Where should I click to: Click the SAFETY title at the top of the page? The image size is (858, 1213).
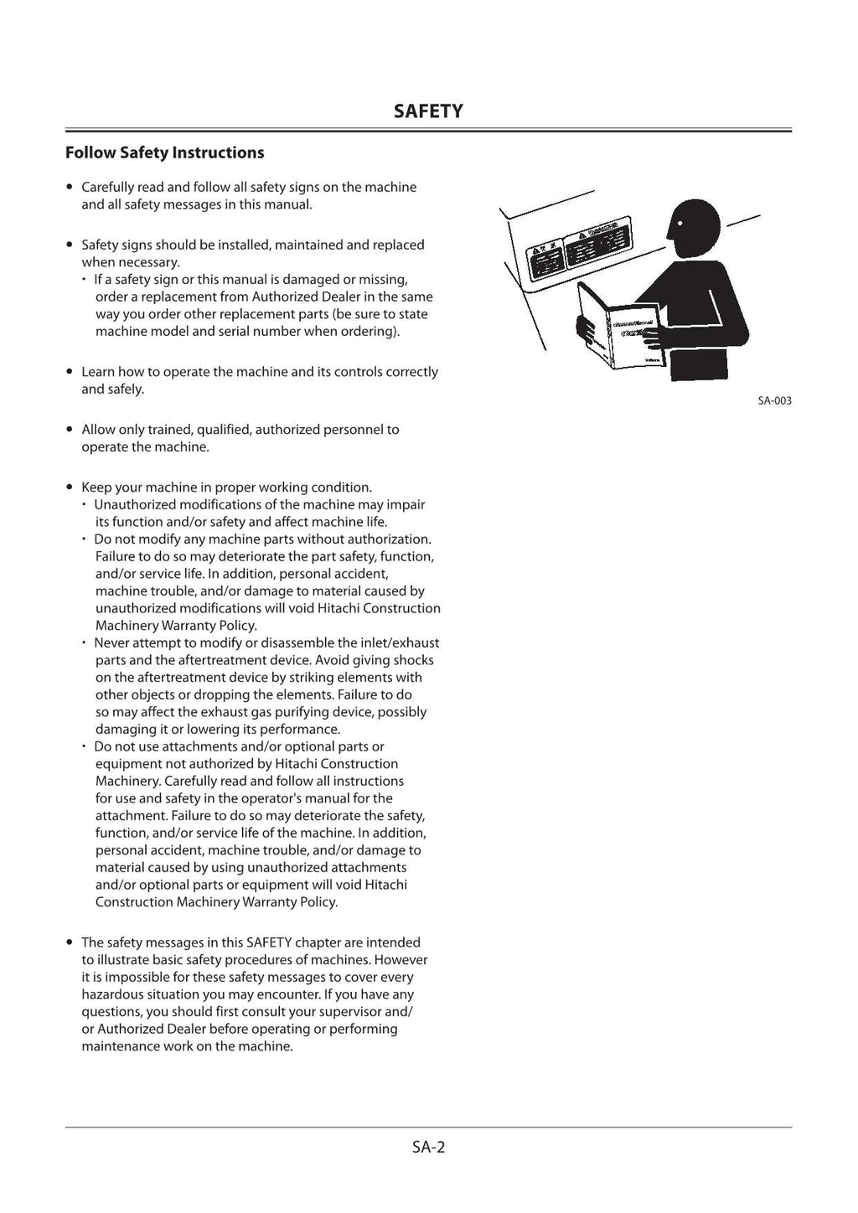point(428,111)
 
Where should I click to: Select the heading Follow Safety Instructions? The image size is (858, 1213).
point(164,152)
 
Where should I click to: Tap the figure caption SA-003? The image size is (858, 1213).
point(774,401)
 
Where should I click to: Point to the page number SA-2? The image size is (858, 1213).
point(428,1147)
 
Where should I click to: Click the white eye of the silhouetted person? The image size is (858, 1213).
point(680,223)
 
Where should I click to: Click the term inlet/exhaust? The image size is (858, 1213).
point(401,643)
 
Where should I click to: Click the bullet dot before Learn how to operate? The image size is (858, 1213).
point(70,372)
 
